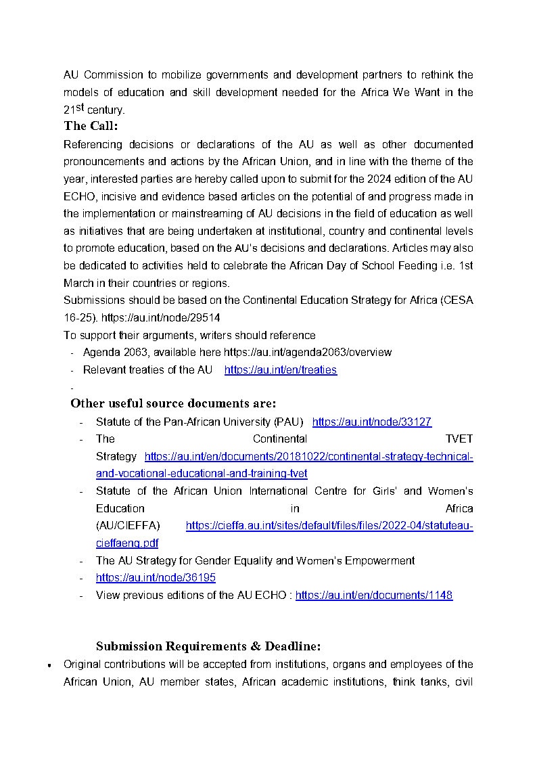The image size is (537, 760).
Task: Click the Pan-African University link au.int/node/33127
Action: (371, 422)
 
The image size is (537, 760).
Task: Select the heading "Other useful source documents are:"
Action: (173, 403)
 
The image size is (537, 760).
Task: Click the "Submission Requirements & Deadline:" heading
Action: (208, 646)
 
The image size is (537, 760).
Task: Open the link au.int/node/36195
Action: (156, 578)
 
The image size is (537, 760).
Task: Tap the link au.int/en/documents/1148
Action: (373, 596)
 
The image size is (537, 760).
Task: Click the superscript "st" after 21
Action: (80, 107)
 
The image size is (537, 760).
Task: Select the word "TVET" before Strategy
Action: (459, 439)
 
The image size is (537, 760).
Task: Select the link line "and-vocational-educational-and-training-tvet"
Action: (202, 474)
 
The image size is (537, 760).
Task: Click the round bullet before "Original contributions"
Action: (50, 665)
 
